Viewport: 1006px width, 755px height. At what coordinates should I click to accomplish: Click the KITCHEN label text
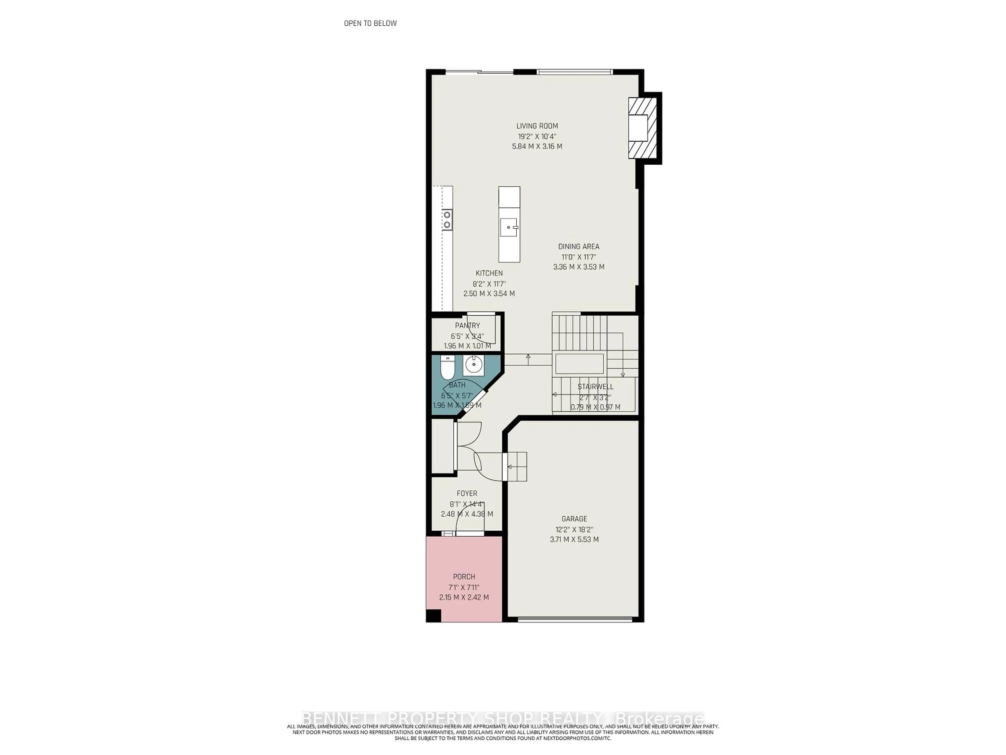coord(489,273)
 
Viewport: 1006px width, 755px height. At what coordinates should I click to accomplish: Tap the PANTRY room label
coord(467,325)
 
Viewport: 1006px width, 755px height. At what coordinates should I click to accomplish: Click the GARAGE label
coord(574,519)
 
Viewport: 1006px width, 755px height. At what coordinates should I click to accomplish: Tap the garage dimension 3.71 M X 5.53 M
coord(574,540)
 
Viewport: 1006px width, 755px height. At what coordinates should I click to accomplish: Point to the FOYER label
coord(467,493)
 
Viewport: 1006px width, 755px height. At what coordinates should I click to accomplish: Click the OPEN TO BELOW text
coord(370,23)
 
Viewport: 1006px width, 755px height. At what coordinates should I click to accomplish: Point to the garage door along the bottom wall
coord(575,619)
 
